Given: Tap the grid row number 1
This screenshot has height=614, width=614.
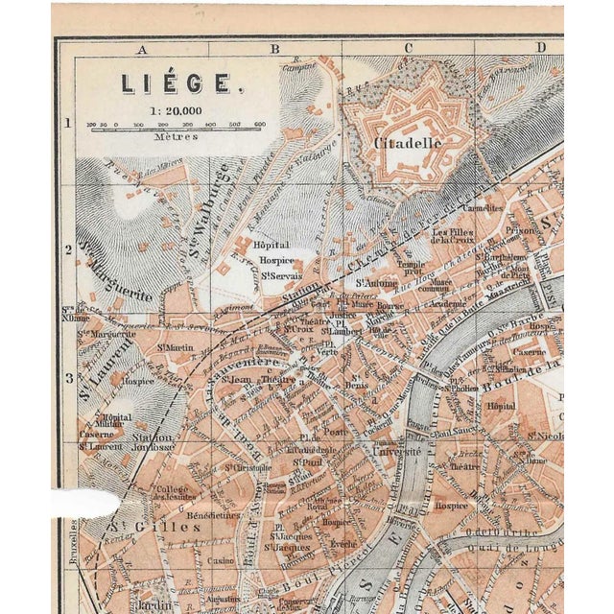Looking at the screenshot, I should coord(68,123).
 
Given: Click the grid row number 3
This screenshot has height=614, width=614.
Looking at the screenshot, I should coord(68,376).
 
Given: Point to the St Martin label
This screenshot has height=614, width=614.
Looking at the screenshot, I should coord(177,346).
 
